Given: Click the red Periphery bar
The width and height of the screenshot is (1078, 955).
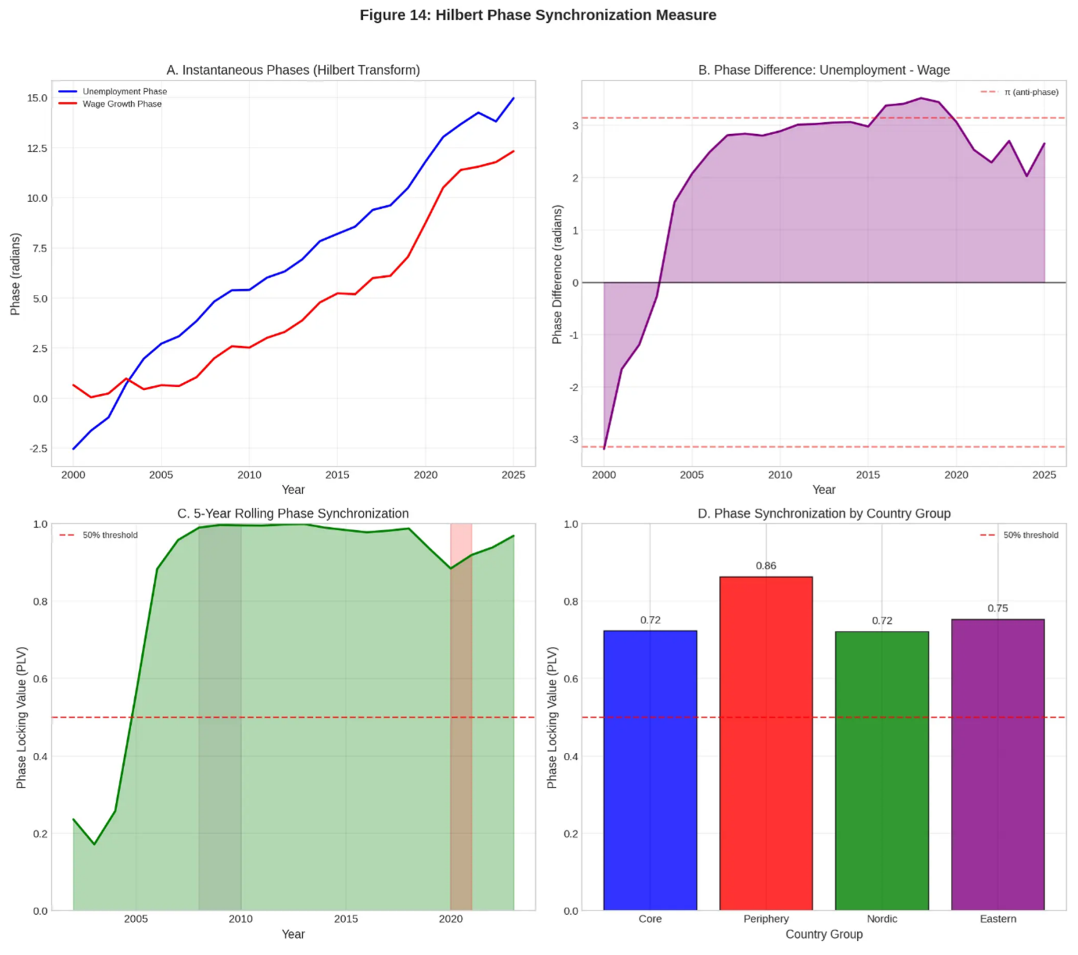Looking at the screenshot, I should click(766, 744).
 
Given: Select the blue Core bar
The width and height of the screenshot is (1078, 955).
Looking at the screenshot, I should click(650, 770).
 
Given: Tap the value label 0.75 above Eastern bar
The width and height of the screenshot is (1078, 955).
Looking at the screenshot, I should click(998, 608).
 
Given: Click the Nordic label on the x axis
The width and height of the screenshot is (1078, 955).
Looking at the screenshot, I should click(882, 919).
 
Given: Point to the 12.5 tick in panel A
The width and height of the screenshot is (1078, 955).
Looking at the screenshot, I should click(37, 148).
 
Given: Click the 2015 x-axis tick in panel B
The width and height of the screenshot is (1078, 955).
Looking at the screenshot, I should click(868, 475).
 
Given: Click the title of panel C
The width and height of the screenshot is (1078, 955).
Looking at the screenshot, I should click(293, 514).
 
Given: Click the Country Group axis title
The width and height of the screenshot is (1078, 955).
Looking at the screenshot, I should click(824, 934).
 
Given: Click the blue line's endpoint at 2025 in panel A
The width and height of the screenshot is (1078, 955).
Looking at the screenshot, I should click(513, 98).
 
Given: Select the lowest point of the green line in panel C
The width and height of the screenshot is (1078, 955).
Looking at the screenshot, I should click(95, 844).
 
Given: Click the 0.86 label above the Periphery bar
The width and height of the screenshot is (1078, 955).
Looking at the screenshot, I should click(766, 566).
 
